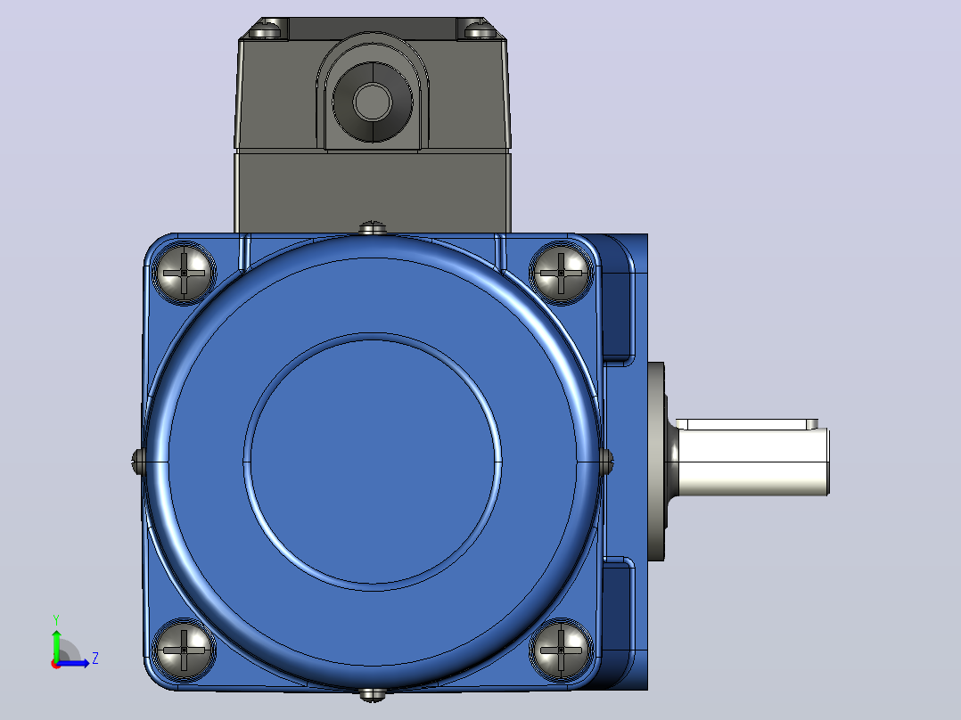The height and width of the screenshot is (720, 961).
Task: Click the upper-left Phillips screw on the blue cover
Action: click(184, 272)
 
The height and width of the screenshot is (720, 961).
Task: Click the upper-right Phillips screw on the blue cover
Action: click(561, 272)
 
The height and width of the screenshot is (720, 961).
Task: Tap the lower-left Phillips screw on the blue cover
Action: click(184, 650)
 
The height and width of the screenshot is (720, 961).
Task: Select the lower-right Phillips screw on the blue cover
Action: click(561, 650)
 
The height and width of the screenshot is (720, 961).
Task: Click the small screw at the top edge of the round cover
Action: click(372, 228)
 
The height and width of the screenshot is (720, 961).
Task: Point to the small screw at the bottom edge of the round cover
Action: click(372, 694)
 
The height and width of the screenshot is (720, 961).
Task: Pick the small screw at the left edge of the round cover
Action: click(138, 462)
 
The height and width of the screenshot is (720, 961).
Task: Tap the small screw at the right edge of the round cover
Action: click(606, 462)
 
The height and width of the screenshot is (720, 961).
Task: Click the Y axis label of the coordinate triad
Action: click(56, 620)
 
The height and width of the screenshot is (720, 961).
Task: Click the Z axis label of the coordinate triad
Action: click(95, 659)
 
